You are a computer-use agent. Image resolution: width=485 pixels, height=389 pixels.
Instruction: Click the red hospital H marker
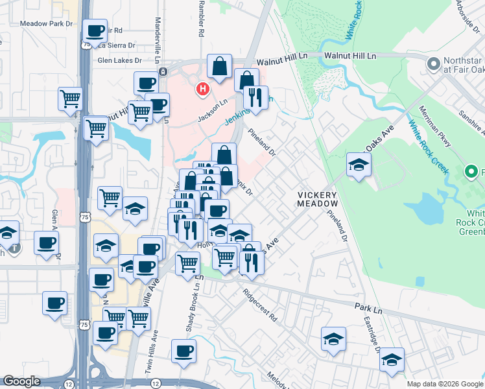[x=204, y=89]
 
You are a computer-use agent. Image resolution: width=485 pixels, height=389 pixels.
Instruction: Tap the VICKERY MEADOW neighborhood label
[x=317, y=199]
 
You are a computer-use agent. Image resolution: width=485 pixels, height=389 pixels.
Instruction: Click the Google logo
[x=21, y=381]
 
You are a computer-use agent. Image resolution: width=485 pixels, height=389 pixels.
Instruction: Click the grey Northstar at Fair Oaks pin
[x=432, y=65]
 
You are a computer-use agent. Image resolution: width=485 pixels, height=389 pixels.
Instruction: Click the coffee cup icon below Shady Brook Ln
[x=183, y=351]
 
